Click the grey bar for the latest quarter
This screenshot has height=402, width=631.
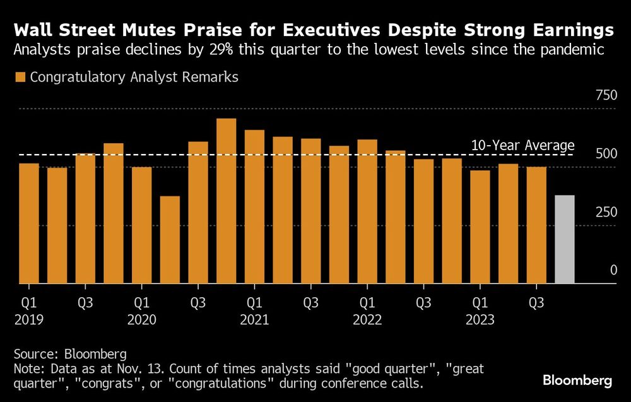tap(564, 240)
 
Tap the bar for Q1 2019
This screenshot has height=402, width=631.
tap(29, 223)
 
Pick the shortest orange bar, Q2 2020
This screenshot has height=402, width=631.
tap(170, 240)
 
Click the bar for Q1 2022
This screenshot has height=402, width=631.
tap(367, 211)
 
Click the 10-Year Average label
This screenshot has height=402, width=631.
tap(522, 145)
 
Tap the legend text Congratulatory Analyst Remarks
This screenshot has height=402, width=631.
tap(134, 77)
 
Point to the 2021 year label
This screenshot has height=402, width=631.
tap(254, 319)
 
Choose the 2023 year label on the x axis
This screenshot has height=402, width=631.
tap(480, 319)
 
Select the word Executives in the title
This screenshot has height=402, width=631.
tap(369, 30)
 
